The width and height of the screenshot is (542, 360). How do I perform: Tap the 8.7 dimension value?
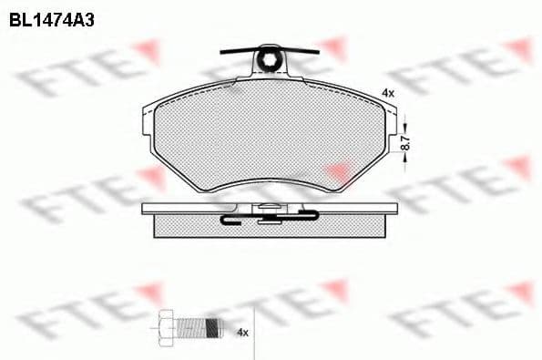click(406, 141)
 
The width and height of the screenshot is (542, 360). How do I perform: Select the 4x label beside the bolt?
click(242, 333)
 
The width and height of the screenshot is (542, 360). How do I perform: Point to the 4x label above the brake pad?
click(387, 93)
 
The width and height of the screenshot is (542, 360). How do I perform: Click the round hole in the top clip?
click(270, 62)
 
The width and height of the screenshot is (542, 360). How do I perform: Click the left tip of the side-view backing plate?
click(146, 209)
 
